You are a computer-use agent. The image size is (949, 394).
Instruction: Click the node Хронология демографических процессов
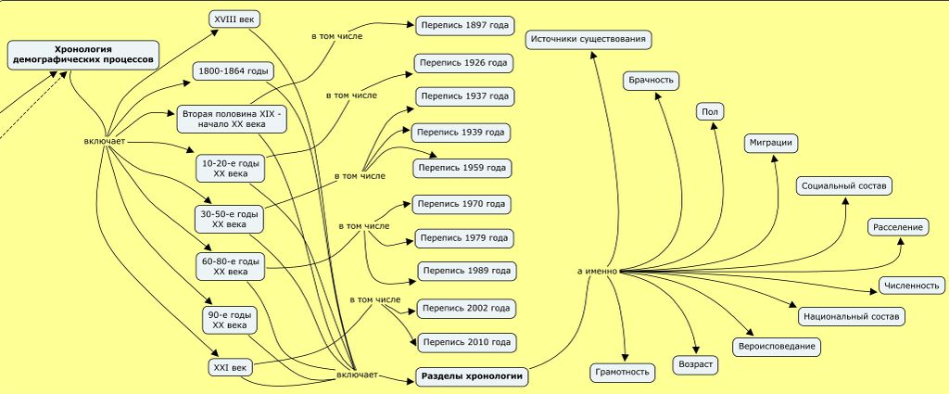82,53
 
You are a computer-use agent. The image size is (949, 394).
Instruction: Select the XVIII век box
233,19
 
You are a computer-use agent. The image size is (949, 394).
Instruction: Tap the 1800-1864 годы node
233,71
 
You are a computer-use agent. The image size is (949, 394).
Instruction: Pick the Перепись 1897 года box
465,25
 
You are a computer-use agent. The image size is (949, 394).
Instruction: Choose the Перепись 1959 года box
462,168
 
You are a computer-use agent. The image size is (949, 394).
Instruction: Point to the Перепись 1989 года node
466,272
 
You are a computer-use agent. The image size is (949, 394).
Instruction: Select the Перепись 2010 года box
466,342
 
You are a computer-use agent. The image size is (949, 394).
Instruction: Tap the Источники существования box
589,39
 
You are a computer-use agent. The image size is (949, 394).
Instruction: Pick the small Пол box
710,111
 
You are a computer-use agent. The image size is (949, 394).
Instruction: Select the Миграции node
771,143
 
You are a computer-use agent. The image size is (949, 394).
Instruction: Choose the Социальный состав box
844,186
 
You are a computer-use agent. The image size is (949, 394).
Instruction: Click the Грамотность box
622,373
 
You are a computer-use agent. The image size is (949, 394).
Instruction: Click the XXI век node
231,368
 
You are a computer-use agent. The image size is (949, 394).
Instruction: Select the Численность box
912,286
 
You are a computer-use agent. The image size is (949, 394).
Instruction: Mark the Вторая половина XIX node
234,118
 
